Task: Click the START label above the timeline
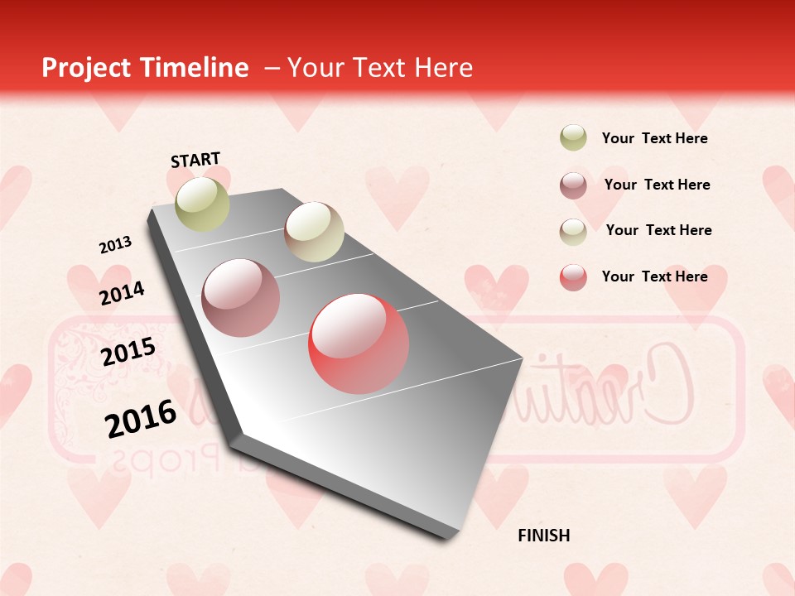pos(195,160)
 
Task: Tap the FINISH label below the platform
pos(544,536)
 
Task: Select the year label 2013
pos(115,245)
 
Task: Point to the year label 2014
pos(122,294)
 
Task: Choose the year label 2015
pos(128,352)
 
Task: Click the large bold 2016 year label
pos(141,418)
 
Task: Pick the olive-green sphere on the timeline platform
pos(202,204)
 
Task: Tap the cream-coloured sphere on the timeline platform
pos(314,232)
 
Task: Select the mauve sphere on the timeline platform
pos(241,298)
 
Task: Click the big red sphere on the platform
pos(359,344)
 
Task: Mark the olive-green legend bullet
pos(573,137)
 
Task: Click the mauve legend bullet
pos(573,185)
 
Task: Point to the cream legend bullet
pos(573,232)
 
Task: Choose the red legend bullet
pos(573,277)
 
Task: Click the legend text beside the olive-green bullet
pos(654,138)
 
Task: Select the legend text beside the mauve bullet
pos(657,185)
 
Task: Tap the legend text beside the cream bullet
pos(658,230)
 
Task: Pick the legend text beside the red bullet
pos(654,276)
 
